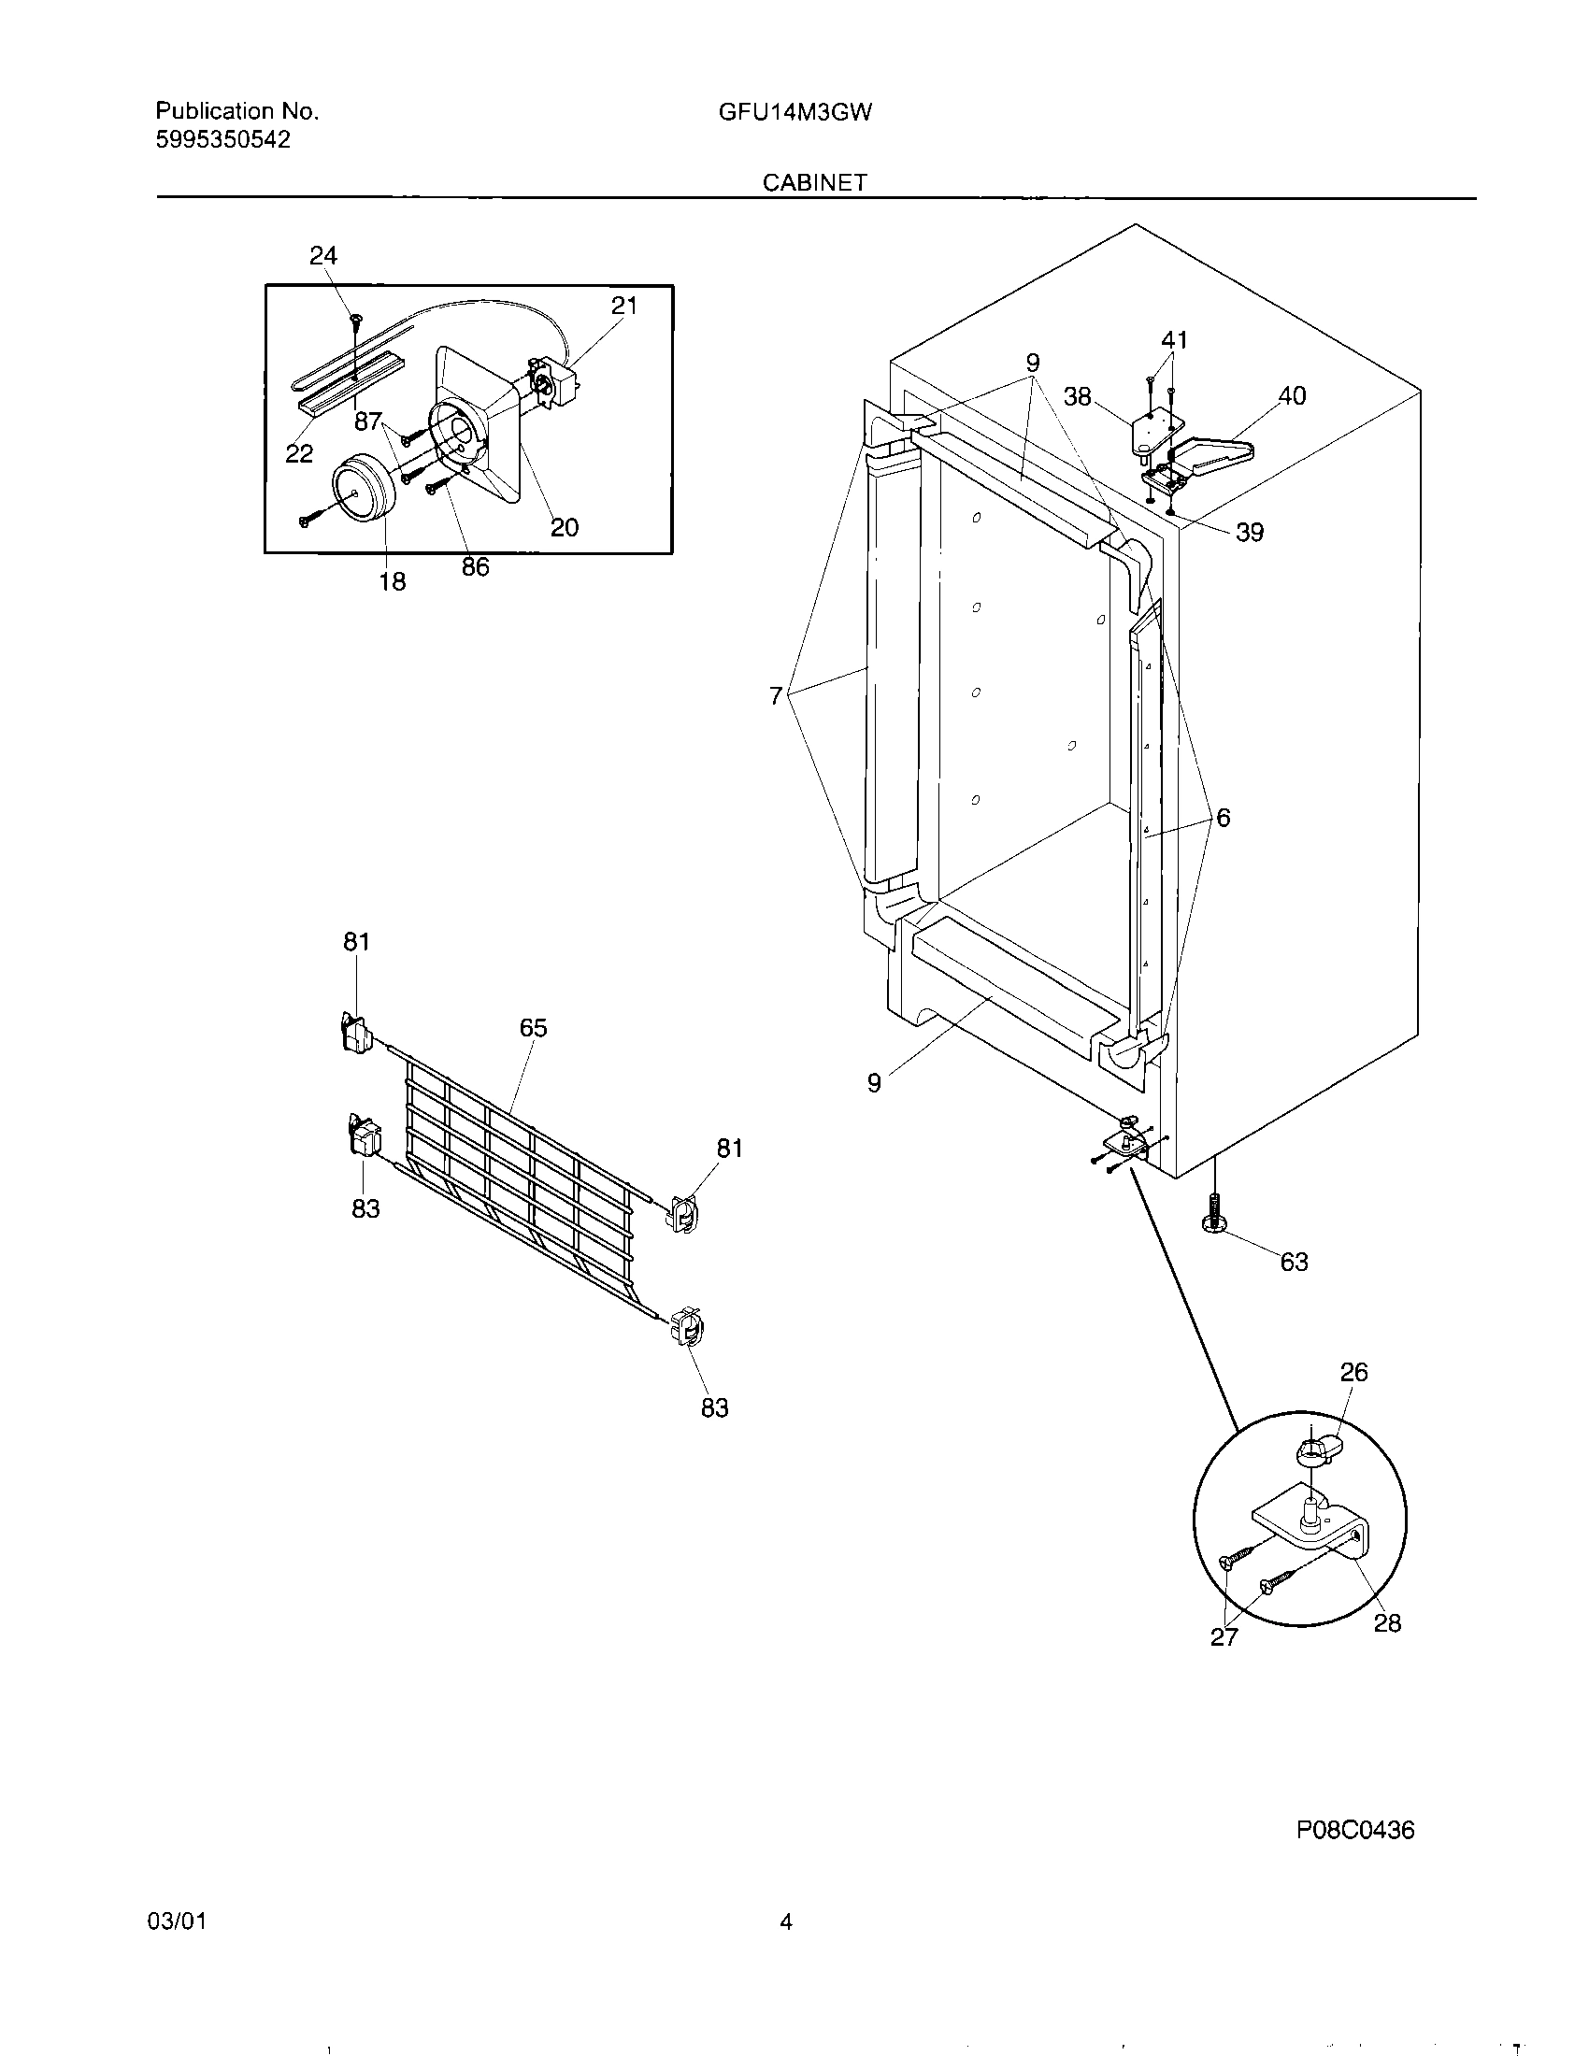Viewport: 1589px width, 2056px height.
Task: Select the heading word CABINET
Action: tap(814, 182)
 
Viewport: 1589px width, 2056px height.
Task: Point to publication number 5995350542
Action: tap(223, 140)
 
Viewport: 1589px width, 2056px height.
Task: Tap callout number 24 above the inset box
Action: tap(322, 255)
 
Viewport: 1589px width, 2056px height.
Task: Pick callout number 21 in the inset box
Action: tap(624, 306)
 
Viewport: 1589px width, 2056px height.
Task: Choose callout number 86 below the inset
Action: tap(476, 567)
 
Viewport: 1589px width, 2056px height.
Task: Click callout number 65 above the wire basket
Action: tap(533, 1028)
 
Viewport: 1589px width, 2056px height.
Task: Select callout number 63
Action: tap(1294, 1262)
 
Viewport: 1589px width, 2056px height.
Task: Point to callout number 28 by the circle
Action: tap(1387, 1623)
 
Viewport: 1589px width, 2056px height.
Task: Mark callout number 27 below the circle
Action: tap(1224, 1637)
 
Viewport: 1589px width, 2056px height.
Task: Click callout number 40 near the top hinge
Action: tap(1292, 396)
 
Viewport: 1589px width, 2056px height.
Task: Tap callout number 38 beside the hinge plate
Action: tap(1078, 397)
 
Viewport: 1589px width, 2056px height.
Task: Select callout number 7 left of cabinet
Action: tap(775, 695)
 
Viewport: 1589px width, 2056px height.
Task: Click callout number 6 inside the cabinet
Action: tap(1223, 818)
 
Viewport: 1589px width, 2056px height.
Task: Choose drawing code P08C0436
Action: tap(1354, 1830)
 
